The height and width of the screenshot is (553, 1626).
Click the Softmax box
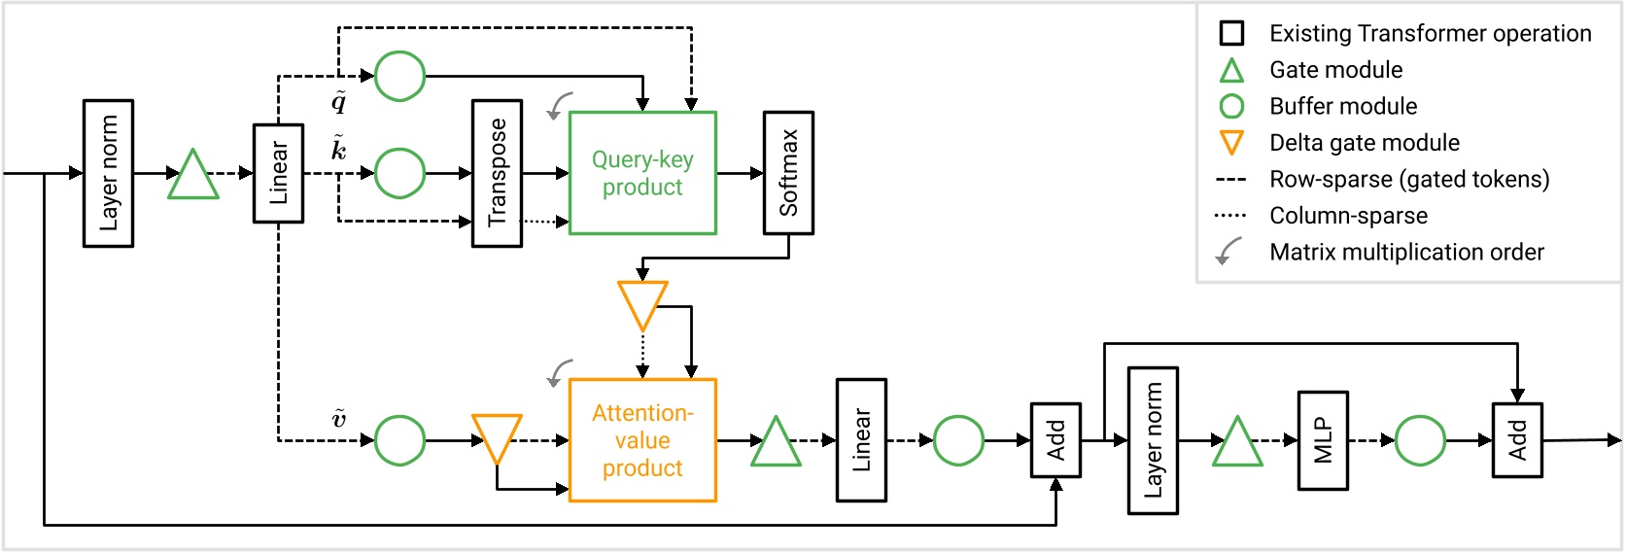click(x=788, y=173)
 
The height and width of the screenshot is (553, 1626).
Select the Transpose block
click(x=497, y=173)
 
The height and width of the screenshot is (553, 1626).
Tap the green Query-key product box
click(x=642, y=173)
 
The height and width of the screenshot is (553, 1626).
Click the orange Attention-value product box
click(x=642, y=440)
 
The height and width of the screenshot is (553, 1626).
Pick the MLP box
click(x=1323, y=440)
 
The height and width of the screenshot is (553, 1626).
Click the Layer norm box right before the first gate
click(x=108, y=173)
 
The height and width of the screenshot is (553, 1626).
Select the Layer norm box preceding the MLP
click(x=1153, y=440)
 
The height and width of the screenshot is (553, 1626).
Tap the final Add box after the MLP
click(x=1517, y=440)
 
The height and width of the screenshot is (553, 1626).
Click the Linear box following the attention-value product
click(x=861, y=440)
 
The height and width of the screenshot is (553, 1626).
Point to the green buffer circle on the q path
click(x=399, y=76)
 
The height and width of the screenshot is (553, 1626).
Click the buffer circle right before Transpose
click(x=399, y=173)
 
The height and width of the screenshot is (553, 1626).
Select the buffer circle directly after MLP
click(x=1420, y=440)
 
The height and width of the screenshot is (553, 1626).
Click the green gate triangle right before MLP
click(x=1237, y=444)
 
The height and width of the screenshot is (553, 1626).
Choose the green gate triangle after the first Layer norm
click(x=193, y=177)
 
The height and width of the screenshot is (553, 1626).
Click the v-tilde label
click(x=338, y=418)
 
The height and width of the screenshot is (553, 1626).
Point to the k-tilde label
click(x=338, y=148)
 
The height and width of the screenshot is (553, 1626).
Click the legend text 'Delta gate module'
click(x=1364, y=143)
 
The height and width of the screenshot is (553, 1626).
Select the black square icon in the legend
click(x=1231, y=33)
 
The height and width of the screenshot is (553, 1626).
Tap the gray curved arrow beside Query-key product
click(x=558, y=106)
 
